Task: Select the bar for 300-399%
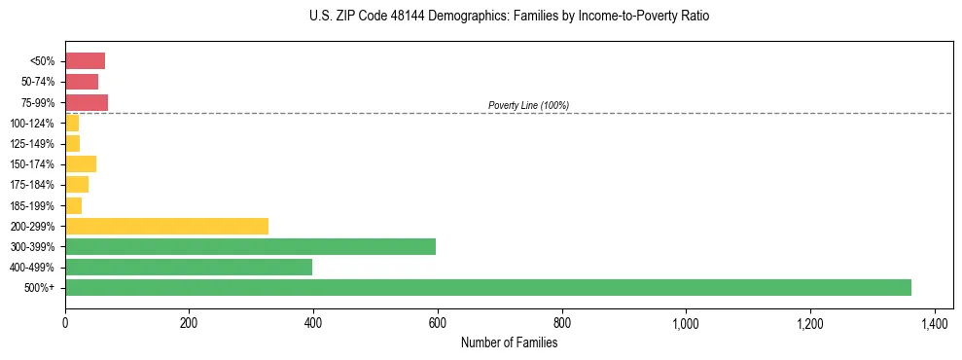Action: (250, 246)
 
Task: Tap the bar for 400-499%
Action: (189, 267)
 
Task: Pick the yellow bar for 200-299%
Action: (166, 226)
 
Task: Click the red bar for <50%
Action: (85, 61)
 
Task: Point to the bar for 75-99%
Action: (87, 102)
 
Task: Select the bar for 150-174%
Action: (81, 163)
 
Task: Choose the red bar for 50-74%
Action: (82, 82)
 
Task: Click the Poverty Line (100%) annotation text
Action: (528, 105)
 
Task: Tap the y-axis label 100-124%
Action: (32, 124)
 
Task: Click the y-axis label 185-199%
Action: (32, 205)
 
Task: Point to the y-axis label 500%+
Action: (40, 288)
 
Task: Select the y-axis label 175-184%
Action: (32, 185)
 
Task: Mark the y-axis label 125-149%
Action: (32, 144)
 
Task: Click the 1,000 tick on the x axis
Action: (686, 322)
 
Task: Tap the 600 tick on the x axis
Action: (438, 322)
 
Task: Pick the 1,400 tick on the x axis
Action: (934, 322)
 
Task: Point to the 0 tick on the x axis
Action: (65, 322)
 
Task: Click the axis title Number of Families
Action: (509, 342)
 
